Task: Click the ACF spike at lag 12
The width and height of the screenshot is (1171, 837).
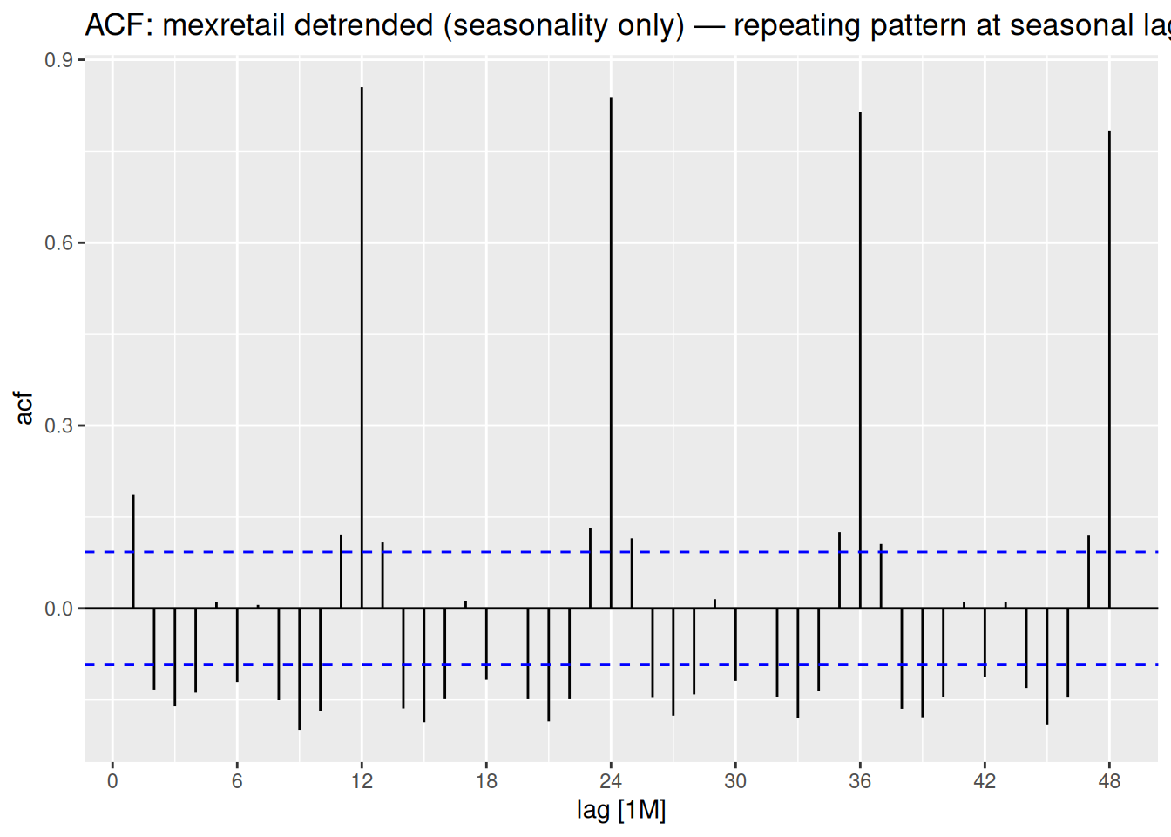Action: coord(362,349)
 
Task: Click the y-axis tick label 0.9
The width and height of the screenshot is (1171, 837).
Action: coord(58,60)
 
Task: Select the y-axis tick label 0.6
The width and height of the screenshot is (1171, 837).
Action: coord(58,243)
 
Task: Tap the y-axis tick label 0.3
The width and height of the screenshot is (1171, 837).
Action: coord(58,426)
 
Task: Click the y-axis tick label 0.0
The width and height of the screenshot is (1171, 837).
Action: coord(58,609)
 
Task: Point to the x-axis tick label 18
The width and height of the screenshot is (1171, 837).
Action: coord(486,781)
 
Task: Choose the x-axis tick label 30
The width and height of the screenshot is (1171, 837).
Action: coord(735,781)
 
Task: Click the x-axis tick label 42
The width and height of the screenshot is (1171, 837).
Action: coord(985,781)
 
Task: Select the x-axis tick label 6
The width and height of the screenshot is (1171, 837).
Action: coord(237,781)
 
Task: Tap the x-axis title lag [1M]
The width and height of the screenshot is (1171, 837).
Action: coord(621,810)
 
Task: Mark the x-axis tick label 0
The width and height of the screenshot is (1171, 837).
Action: coord(112,781)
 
